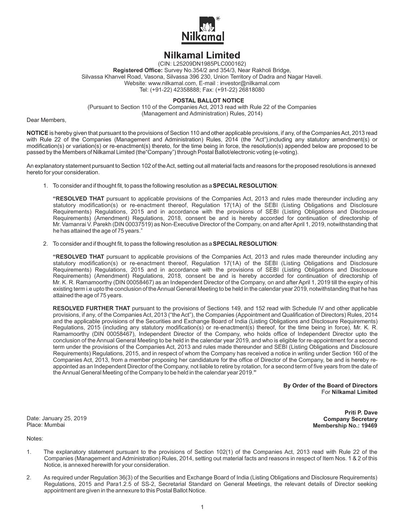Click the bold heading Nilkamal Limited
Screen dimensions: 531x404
[202, 55]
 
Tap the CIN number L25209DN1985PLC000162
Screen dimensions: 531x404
[207, 64]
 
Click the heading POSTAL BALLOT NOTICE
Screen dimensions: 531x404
[202, 101]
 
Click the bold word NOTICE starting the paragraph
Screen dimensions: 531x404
[38, 133]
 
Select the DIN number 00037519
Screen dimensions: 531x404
[129, 224]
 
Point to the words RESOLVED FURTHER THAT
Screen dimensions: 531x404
[91, 308]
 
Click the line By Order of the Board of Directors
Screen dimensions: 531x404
[330, 385]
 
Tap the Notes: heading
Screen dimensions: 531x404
[35, 439]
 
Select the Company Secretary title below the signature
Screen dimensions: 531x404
[350, 419]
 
